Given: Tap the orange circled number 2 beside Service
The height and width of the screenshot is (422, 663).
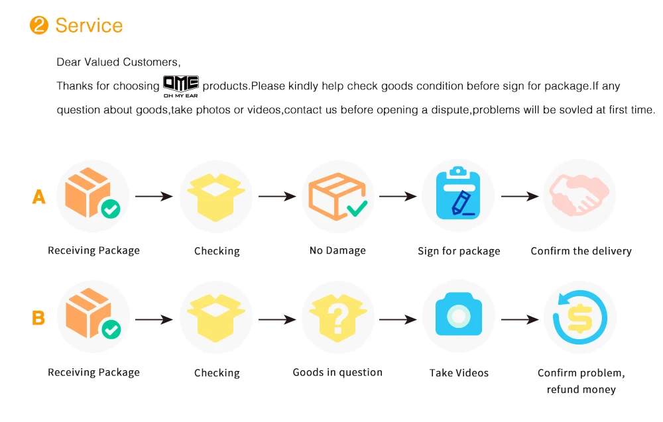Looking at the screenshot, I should (39, 26).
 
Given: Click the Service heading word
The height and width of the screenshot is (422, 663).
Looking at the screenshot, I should (89, 26).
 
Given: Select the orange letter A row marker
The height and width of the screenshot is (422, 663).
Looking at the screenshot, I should (39, 197).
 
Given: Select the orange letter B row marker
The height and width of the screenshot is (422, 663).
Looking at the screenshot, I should (38, 319).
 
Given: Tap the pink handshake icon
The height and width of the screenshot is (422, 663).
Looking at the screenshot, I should (579, 196).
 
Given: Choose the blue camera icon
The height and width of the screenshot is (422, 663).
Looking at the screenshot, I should (458, 317).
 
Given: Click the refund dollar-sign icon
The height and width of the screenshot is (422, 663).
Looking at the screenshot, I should (579, 317).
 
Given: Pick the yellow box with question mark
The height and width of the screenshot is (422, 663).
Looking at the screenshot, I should (337, 317).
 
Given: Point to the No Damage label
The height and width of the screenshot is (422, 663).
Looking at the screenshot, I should (337, 251).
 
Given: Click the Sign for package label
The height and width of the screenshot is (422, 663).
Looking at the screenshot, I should (459, 252).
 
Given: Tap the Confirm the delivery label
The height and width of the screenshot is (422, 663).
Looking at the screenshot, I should (581, 252).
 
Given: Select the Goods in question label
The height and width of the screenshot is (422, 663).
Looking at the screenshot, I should (337, 372).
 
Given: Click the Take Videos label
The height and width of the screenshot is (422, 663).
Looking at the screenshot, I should (459, 373).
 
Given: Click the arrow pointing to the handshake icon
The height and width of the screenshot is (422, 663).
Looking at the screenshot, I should (519, 197).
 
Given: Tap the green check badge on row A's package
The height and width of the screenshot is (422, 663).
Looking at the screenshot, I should (111, 211).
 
